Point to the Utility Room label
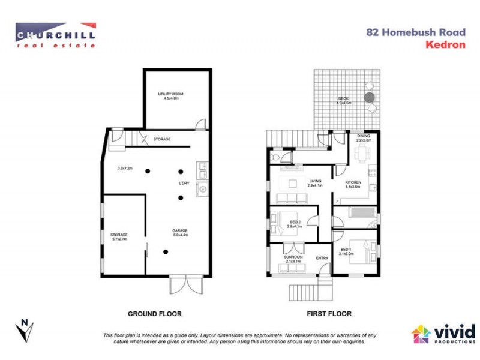click(x=170, y=94)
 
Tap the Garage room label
click(x=180, y=230)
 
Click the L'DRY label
click(x=185, y=182)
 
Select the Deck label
click(x=343, y=98)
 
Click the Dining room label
click(x=364, y=136)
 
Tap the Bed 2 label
click(x=293, y=221)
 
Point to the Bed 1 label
click(x=346, y=249)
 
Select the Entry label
click(x=322, y=258)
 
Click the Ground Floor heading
click(x=155, y=314)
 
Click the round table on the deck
click(x=370, y=97)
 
